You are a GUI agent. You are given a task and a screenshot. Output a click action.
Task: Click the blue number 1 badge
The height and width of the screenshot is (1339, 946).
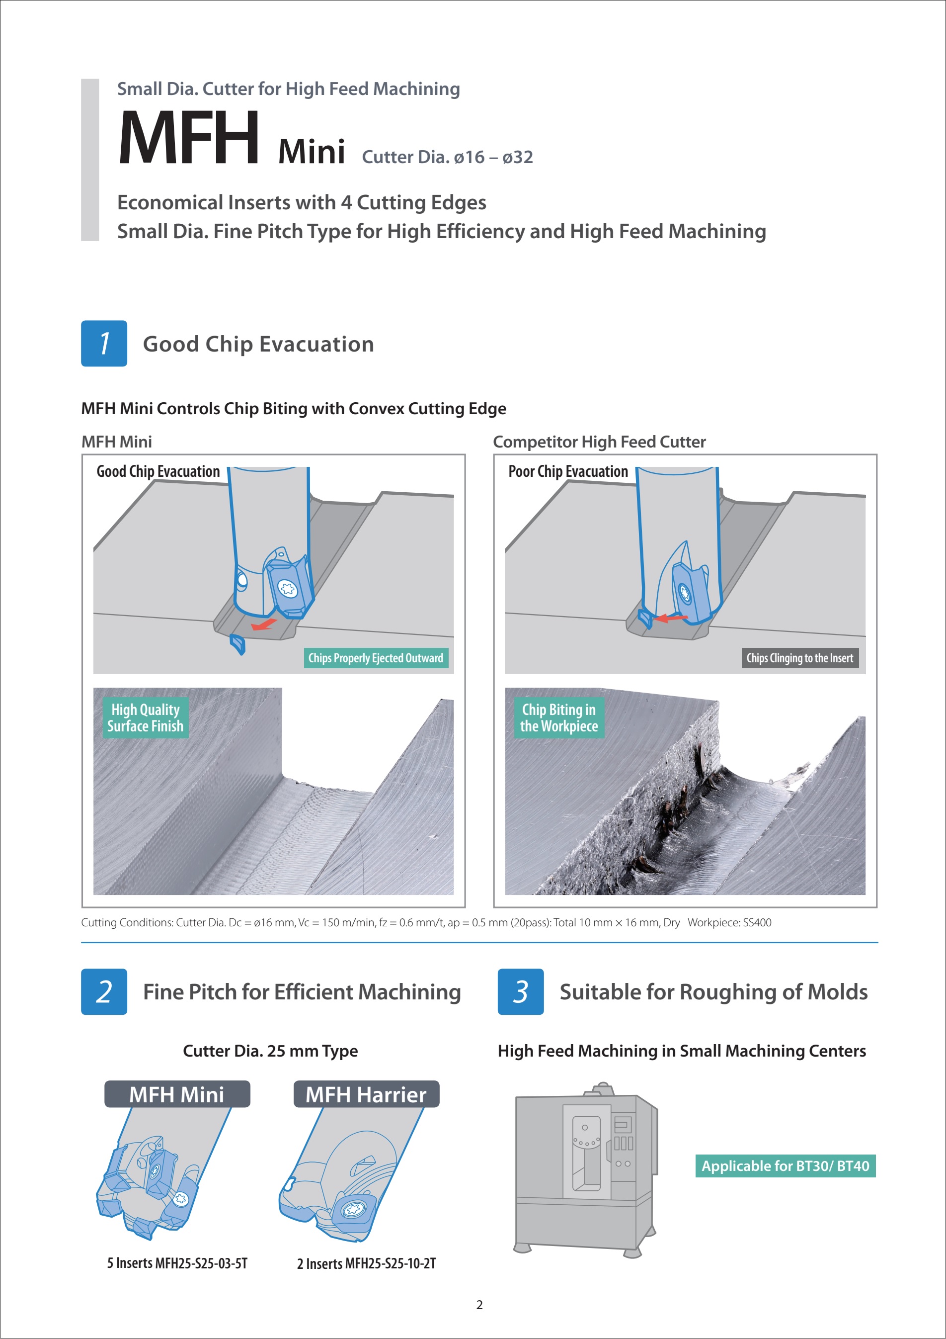tap(104, 344)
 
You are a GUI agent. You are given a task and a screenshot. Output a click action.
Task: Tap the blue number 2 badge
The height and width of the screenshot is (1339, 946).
tap(104, 991)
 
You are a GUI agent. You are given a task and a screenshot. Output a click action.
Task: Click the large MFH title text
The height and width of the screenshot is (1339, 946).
tap(189, 139)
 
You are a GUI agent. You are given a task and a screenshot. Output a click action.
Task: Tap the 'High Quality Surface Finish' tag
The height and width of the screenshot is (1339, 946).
tap(145, 718)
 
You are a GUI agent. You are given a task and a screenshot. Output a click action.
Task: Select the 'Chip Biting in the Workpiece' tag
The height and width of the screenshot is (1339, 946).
tap(558, 718)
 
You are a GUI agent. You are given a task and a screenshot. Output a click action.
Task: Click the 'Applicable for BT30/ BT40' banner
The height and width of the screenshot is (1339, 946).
tap(785, 1166)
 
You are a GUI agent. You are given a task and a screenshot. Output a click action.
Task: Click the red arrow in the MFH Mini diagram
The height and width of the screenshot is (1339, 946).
tap(264, 625)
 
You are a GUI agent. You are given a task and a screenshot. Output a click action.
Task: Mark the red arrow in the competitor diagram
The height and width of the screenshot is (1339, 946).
tap(670, 618)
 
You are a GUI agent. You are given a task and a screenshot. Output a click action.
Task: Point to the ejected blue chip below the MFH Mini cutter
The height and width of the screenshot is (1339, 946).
tap(237, 644)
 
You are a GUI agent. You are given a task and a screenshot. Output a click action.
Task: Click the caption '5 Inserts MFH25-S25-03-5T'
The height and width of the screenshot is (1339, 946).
tap(177, 1263)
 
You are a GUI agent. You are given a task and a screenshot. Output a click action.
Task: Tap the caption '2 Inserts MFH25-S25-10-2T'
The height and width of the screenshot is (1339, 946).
tap(366, 1264)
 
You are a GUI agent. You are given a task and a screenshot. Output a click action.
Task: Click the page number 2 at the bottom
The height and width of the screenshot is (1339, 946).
tap(479, 1305)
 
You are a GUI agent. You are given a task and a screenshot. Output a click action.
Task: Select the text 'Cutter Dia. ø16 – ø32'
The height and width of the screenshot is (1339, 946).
tap(447, 157)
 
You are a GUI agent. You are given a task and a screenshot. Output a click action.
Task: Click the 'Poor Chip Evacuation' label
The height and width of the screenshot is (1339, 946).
tap(568, 471)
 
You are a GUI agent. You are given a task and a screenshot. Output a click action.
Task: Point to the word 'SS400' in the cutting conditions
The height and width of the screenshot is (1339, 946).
tap(757, 923)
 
